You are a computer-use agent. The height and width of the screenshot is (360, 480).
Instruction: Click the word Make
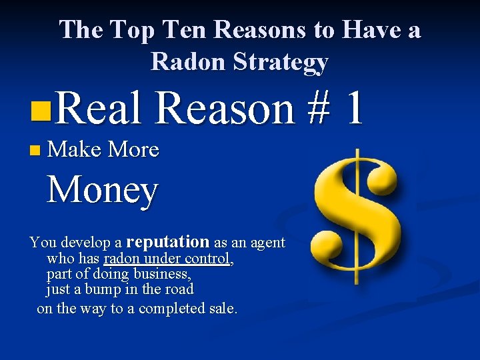(x=74, y=149)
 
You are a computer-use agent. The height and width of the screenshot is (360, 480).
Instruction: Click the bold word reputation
(x=167, y=241)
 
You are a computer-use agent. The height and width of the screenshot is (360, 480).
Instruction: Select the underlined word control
(x=211, y=259)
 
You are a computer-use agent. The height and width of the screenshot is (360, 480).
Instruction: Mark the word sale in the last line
(x=221, y=309)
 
